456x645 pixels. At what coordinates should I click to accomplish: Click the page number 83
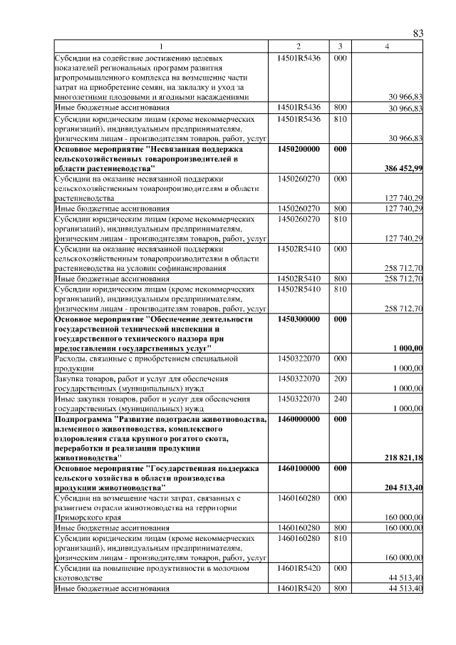pyautogui.click(x=418, y=34)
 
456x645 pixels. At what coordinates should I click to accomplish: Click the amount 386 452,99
pyautogui.click(x=403, y=187)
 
